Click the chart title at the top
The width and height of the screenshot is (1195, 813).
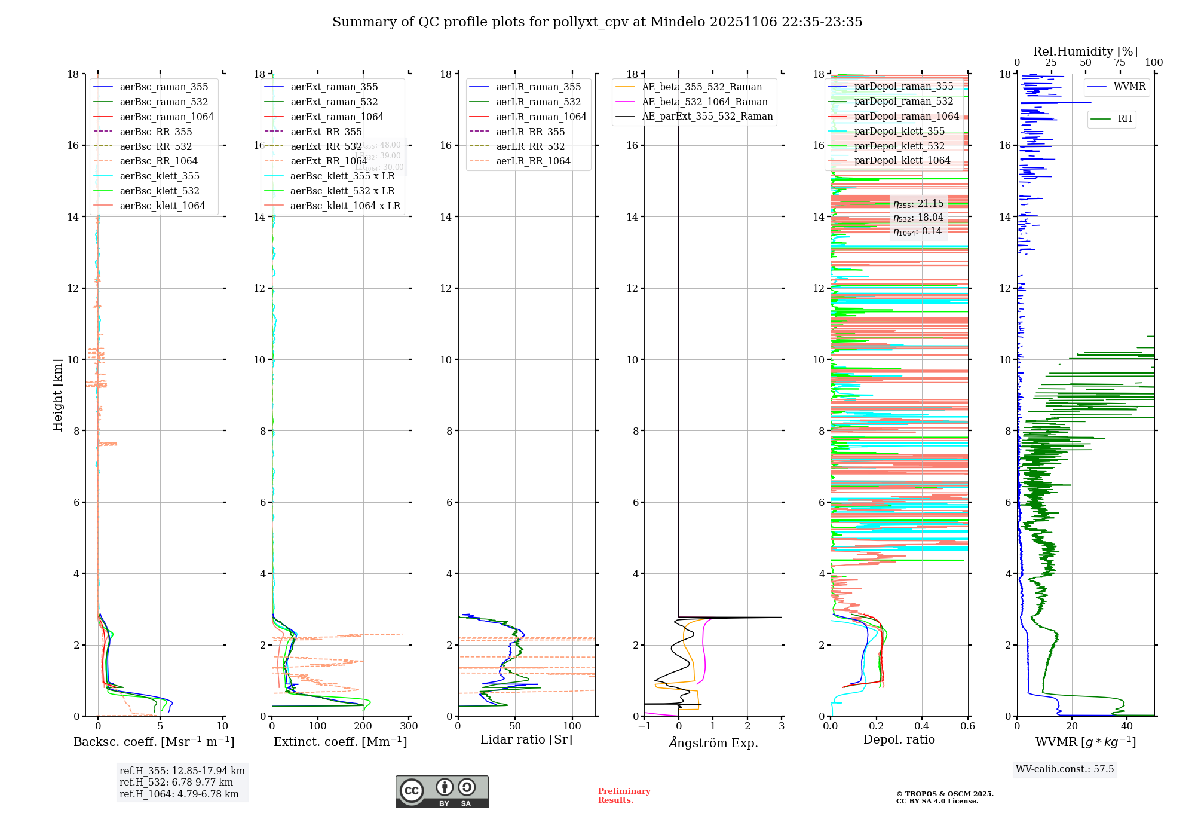(x=597, y=22)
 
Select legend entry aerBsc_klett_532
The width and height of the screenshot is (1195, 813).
(x=159, y=191)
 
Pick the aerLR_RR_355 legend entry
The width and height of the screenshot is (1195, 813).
(x=530, y=132)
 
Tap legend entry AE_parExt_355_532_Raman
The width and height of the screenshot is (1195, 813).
(x=707, y=116)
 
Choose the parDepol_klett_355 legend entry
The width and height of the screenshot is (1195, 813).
(x=899, y=131)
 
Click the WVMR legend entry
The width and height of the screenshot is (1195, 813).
(x=1129, y=87)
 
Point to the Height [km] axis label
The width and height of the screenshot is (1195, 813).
(x=57, y=395)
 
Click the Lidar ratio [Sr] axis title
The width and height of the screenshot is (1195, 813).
(x=526, y=739)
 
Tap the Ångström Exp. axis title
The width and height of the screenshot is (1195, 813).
(x=713, y=742)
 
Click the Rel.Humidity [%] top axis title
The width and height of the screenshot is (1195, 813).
(x=1085, y=51)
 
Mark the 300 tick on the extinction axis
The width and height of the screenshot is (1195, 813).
(x=409, y=726)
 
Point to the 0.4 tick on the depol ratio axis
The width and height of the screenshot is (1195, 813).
(x=922, y=726)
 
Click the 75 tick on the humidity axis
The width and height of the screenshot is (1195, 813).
(x=1120, y=63)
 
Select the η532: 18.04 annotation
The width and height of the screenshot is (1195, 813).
(x=918, y=218)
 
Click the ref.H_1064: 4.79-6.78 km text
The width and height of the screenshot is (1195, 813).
(x=179, y=794)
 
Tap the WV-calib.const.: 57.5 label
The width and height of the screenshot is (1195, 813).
(x=1065, y=769)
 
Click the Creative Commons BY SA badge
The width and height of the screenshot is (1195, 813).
(x=442, y=791)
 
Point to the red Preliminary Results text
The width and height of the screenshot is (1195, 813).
(x=624, y=795)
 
